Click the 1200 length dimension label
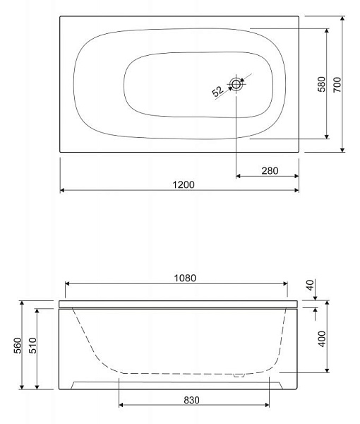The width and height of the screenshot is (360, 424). [x=184, y=184]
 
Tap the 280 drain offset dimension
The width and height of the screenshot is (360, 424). [x=270, y=170]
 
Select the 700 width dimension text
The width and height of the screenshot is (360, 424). [x=337, y=85]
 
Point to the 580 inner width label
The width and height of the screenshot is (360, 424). [x=322, y=84]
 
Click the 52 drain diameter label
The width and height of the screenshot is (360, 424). [x=217, y=91]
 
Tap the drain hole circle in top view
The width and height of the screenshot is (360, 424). [x=236, y=84]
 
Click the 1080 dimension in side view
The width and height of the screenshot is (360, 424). [x=185, y=278]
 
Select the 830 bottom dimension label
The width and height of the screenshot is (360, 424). [x=191, y=400]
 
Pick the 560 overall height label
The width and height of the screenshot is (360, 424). [x=18, y=346]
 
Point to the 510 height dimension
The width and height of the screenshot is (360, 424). [x=32, y=346]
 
